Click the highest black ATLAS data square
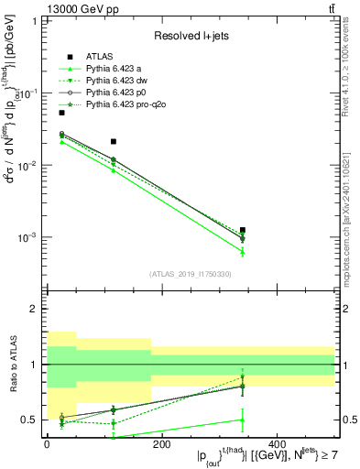(61, 113)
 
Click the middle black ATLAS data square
(113, 142)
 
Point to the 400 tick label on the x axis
(276, 444)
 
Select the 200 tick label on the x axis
(161, 444)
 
